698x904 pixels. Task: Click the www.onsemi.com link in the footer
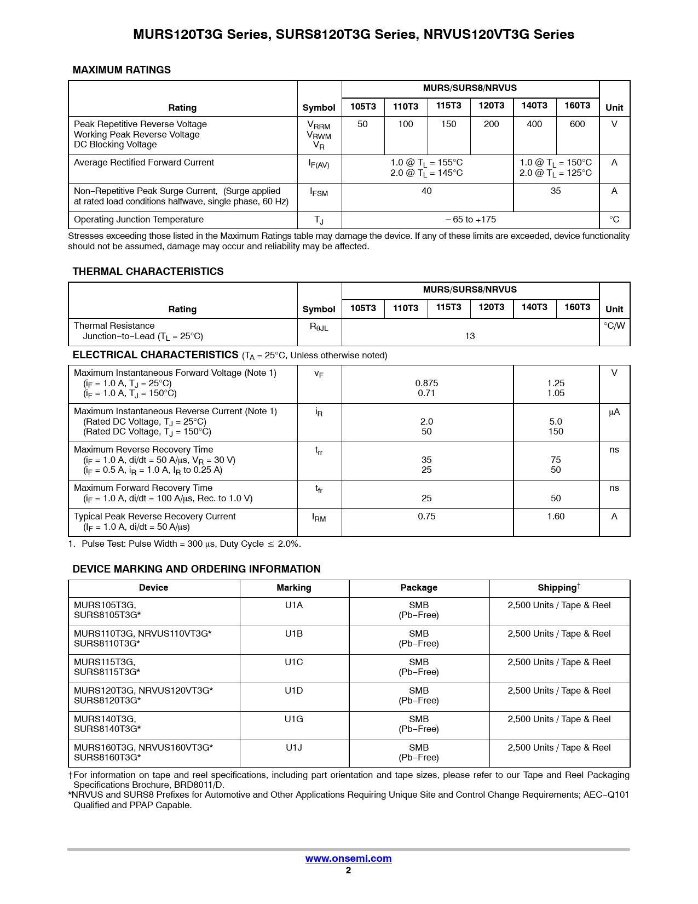click(348, 859)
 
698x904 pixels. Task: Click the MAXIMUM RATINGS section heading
click(122, 70)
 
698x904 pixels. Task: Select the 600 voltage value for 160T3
click(577, 124)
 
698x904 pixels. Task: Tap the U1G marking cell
click(293, 719)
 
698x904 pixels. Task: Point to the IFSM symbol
click(319, 192)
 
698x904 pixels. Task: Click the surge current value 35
click(556, 191)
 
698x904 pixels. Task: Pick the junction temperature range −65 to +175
click(470, 220)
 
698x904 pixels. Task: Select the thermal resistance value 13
click(470, 336)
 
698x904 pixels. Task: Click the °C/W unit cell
click(614, 326)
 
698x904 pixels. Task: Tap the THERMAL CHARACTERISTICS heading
click(148, 272)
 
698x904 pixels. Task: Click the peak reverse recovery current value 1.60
click(556, 517)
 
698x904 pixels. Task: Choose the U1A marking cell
click(293, 605)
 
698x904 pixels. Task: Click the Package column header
click(419, 588)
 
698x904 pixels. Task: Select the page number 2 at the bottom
click(348, 871)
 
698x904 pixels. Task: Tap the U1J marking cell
click(293, 747)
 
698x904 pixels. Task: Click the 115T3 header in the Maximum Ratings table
click(448, 106)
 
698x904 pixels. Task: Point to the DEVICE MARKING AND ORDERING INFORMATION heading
click(197, 569)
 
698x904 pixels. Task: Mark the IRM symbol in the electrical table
click(319, 518)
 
